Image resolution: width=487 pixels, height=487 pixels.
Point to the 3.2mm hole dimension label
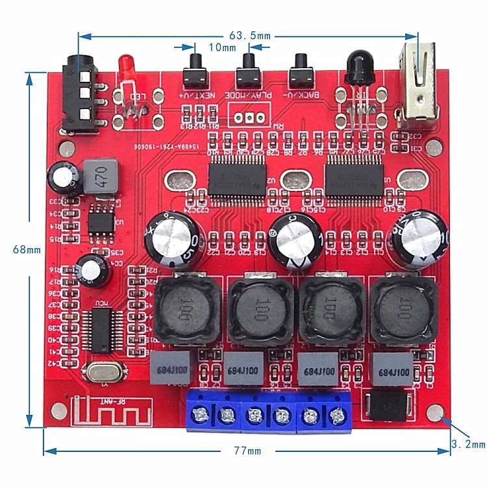[468, 445]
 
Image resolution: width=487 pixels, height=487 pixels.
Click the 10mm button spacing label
[221, 47]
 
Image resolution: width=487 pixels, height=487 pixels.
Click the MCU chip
[103, 330]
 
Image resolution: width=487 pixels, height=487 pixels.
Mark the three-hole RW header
[249, 118]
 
